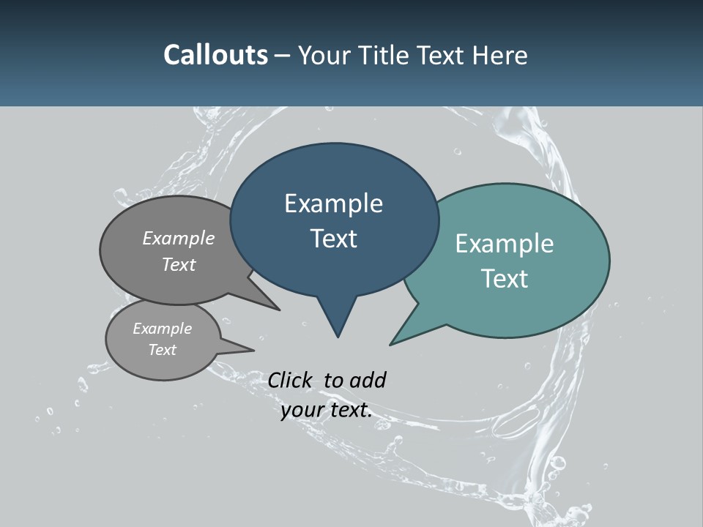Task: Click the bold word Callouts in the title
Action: pyautogui.click(x=215, y=55)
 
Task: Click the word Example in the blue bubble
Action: pyautogui.click(x=333, y=203)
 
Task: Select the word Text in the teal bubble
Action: pyautogui.click(x=505, y=279)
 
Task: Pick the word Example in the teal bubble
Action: pyautogui.click(x=505, y=244)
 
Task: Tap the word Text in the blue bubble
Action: pyautogui.click(x=334, y=239)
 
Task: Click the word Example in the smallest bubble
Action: pyautogui.click(x=162, y=329)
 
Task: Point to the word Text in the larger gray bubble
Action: pyautogui.click(x=179, y=265)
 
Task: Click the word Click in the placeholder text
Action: pyautogui.click(x=290, y=380)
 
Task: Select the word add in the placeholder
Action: pyautogui.click(x=368, y=380)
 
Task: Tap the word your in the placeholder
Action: pyautogui.click(x=302, y=411)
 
